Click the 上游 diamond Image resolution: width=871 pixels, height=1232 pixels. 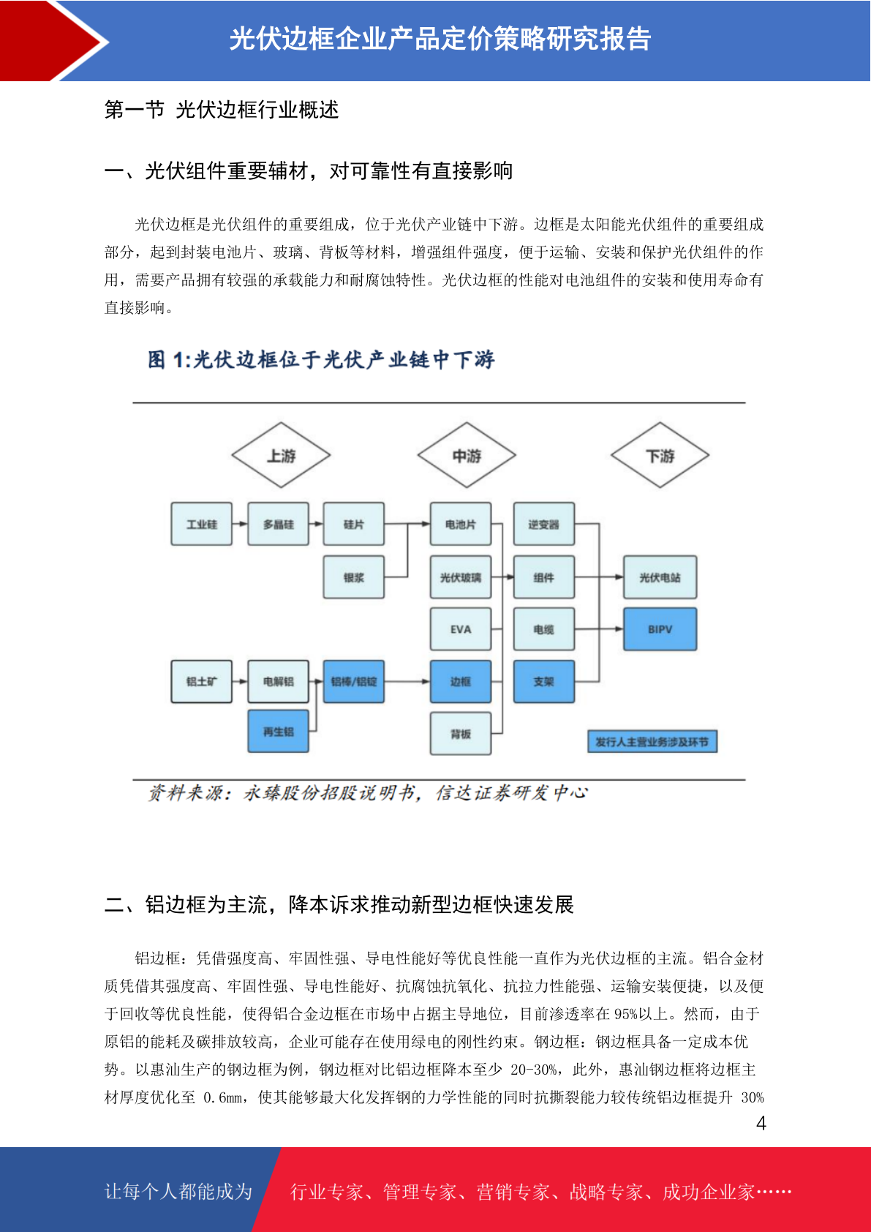pos(280,455)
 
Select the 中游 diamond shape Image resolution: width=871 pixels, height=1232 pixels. pos(467,455)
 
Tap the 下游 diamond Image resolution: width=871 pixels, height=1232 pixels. pos(660,455)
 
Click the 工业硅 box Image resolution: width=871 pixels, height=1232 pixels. pos(201,524)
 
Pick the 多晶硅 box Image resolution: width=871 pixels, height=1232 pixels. pos(278,524)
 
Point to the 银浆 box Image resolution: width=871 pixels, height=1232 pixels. pos(353,577)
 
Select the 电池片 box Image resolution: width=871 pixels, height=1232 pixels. pos(461,524)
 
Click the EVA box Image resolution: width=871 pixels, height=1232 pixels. pos(461,629)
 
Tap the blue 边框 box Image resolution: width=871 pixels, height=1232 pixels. pos(461,681)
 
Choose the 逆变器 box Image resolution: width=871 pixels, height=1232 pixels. pos(544,524)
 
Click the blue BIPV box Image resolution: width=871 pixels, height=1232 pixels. pos(660,629)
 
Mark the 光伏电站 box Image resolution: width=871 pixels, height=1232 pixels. pos(660,577)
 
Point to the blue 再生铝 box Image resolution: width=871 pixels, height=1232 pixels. pos(278,731)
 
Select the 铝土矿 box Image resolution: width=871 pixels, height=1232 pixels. pos(201,681)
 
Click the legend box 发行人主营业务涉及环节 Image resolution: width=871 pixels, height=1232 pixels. pos(652,741)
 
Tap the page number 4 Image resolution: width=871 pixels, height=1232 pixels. pos(761,1122)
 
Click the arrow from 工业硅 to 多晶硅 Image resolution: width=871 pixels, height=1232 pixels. pos(240,524)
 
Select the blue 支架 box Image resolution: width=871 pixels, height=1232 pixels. pos(544,681)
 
